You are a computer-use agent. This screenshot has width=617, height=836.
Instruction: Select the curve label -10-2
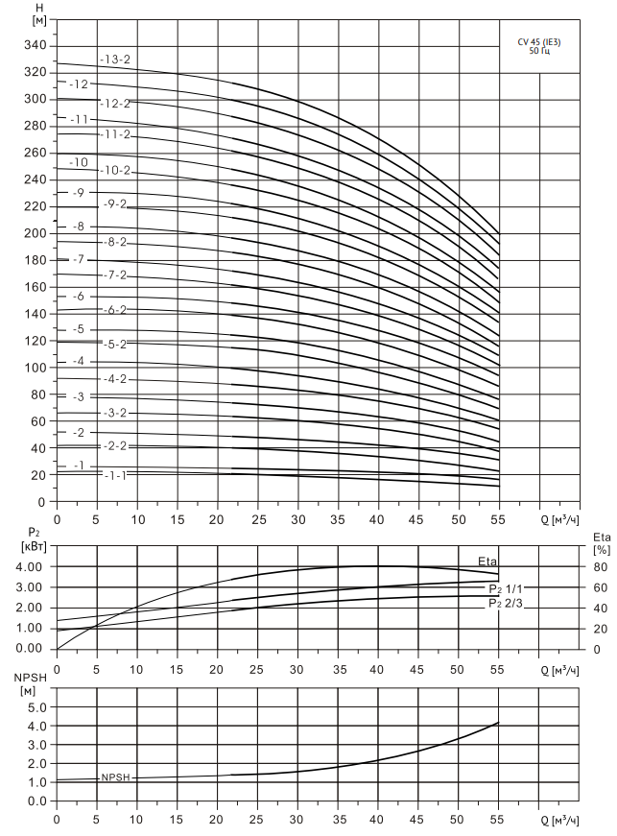click(116, 171)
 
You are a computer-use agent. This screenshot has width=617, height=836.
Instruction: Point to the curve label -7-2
click(116, 275)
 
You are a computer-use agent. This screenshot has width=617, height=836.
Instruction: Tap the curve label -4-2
click(116, 379)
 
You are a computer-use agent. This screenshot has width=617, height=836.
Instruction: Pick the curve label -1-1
click(116, 475)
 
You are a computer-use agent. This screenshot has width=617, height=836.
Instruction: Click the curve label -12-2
click(116, 103)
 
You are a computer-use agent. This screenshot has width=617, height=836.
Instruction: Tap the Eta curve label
click(487, 561)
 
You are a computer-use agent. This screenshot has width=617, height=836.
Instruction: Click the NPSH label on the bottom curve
click(115, 778)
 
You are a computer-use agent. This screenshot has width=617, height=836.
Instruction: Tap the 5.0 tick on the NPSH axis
click(35, 707)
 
